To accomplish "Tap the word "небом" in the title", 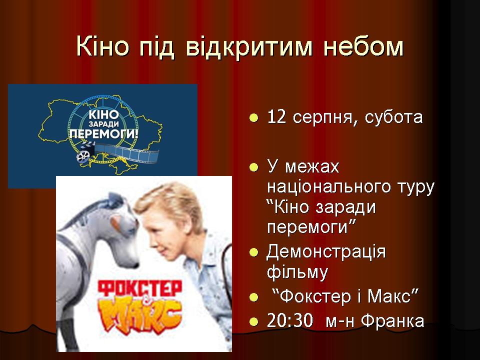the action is (x=363, y=47).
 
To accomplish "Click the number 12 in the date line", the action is (x=276, y=117).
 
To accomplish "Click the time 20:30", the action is (x=290, y=321).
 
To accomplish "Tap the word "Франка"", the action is (x=393, y=321).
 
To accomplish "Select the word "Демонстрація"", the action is (x=326, y=252).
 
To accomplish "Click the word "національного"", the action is (x=329, y=187).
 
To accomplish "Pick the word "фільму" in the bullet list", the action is (x=297, y=272).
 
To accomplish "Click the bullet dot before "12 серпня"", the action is (x=254, y=118).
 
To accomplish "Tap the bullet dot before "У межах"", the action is (x=254, y=167).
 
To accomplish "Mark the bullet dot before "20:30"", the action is (x=254, y=322).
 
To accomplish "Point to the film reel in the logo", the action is (x=83, y=156).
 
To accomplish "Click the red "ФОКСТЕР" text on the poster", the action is (x=140, y=288).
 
